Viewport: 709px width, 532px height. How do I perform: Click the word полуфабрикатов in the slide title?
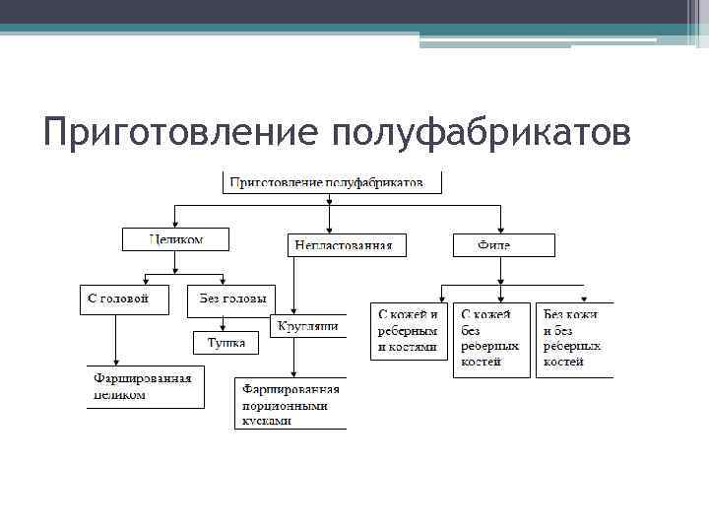coord(482,132)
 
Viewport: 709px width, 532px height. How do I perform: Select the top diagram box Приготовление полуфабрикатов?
coord(332,182)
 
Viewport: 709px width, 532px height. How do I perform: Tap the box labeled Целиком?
coord(175,239)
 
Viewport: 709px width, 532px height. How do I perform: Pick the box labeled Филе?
coord(503,245)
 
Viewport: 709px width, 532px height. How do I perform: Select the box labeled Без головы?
coord(231,299)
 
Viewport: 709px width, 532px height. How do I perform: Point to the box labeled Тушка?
coord(226,343)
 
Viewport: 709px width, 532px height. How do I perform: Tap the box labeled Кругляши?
coord(307,326)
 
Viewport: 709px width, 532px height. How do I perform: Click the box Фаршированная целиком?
coord(143,386)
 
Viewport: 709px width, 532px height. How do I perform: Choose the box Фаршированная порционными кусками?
coord(291,404)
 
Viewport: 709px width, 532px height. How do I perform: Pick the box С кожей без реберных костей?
coord(490,339)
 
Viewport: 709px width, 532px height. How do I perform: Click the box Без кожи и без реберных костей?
coord(574,339)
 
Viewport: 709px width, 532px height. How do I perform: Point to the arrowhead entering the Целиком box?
coord(175,225)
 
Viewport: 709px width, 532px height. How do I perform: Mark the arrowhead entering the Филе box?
coord(501,230)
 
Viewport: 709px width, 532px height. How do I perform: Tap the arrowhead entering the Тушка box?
coord(226,328)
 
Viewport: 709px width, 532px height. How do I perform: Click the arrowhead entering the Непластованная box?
coord(328,230)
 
